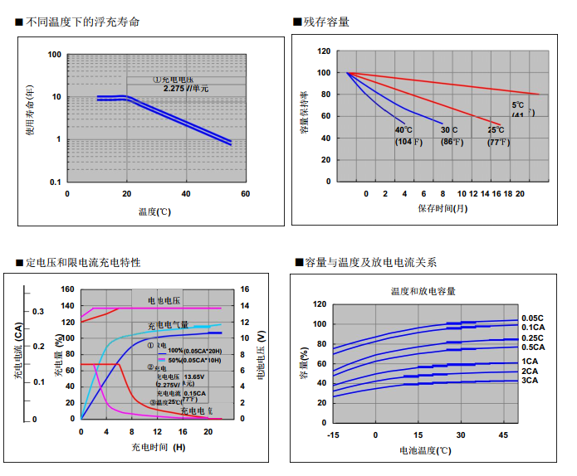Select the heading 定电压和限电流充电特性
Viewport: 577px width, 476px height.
coord(82,262)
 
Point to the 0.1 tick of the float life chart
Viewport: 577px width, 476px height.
coord(56,182)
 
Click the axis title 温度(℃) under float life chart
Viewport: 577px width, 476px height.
coord(155,211)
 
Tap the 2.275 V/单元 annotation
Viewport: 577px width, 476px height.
coord(186,88)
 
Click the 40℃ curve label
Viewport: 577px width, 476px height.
coord(404,130)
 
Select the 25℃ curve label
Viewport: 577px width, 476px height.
coord(496,130)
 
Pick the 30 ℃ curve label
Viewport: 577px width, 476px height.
coord(450,130)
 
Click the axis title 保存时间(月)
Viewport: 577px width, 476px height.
coord(443,208)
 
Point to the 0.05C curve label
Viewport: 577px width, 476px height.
coord(532,318)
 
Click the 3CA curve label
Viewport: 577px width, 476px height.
coord(530,381)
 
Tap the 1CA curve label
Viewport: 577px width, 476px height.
coord(530,362)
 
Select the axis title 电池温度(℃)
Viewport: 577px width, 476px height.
coord(425,450)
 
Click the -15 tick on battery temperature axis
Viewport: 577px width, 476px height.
coord(333,435)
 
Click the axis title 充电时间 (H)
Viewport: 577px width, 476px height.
coord(159,447)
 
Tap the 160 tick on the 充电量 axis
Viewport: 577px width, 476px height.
coord(68,290)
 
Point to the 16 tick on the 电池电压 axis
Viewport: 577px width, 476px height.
coord(245,290)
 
